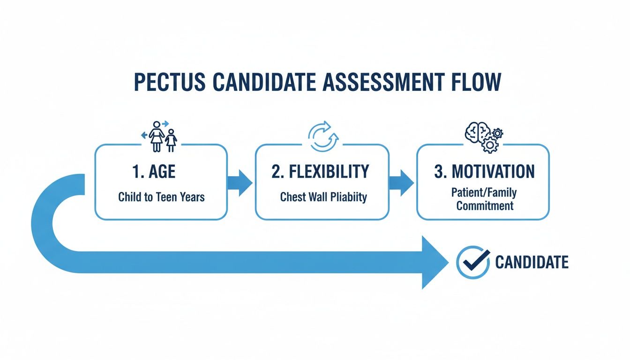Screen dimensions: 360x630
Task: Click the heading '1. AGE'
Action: point(153,172)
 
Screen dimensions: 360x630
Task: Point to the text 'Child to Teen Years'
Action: point(161,196)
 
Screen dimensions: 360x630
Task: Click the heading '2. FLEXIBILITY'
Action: point(320,172)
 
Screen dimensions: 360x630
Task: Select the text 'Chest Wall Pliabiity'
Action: point(323,197)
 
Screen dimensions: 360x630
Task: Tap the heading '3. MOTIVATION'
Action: point(484,172)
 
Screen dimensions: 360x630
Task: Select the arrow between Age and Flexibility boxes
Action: point(240,182)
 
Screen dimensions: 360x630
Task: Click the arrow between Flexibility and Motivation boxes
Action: point(402,182)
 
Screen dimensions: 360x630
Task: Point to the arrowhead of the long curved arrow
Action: point(434,262)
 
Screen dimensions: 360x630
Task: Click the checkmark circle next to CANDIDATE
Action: point(473,262)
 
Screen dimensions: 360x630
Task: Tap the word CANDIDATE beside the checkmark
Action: point(532,262)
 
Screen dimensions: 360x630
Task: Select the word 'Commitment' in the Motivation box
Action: point(485,205)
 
